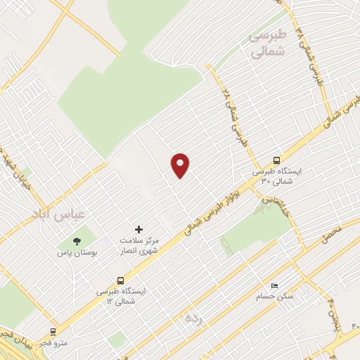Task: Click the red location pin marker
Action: [181, 165]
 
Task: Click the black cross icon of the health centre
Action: [139, 229]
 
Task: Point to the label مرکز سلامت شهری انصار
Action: [138, 245]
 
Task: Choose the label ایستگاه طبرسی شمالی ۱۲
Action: [119, 295]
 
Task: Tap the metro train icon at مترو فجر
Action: [53, 332]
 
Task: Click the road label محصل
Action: [331, 234]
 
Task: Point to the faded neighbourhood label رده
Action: [194, 318]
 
